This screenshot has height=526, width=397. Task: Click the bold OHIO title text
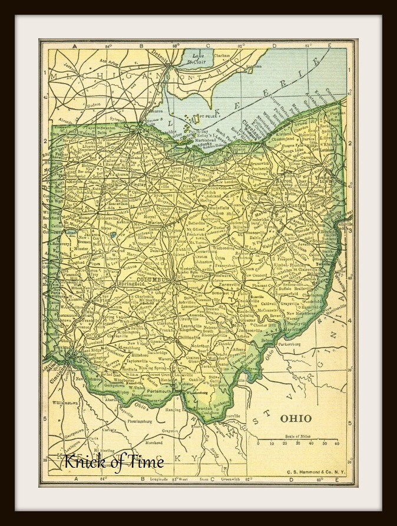(296, 418)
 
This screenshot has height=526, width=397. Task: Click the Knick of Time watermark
(114, 462)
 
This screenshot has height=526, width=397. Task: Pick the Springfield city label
(131, 283)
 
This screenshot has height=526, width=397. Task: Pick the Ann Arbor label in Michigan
(111, 61)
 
